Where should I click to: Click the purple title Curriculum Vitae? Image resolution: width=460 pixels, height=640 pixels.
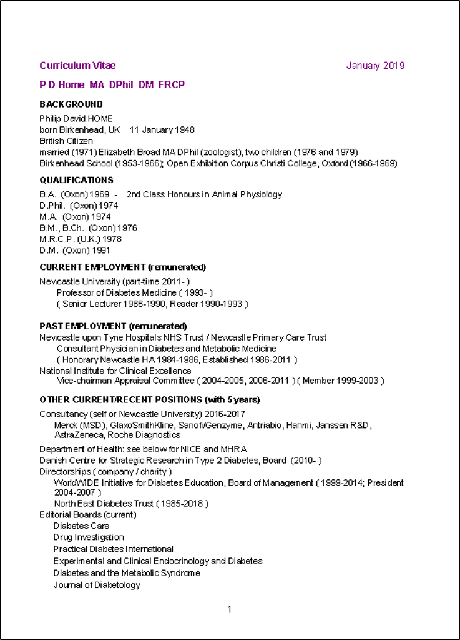point(77,66)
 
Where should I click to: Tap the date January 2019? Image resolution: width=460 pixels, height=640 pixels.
point(375,66)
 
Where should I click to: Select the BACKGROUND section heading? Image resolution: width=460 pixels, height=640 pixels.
point(71,104)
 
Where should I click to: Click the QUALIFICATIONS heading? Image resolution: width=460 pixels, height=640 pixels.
point(76,180)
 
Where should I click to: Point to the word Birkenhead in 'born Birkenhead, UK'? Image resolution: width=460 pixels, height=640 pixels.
point(81,130)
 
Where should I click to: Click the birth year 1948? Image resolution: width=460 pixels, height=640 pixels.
point(184,130)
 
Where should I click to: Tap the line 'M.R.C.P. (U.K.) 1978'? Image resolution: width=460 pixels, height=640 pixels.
point(81,239)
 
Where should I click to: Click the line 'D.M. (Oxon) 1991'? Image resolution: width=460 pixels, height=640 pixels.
point(75,251)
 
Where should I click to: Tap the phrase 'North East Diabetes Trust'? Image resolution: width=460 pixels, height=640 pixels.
point(103,504)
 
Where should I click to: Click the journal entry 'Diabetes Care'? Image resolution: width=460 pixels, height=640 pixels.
point(81,526)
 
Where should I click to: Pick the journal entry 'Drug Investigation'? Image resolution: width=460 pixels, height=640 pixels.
point(89,537)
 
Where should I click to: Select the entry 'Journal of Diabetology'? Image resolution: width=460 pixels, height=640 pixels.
point(97,586)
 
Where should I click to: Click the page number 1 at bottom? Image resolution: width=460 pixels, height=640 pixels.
point(230,609)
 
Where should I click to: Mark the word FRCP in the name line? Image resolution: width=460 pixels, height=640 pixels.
point(172,84)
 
